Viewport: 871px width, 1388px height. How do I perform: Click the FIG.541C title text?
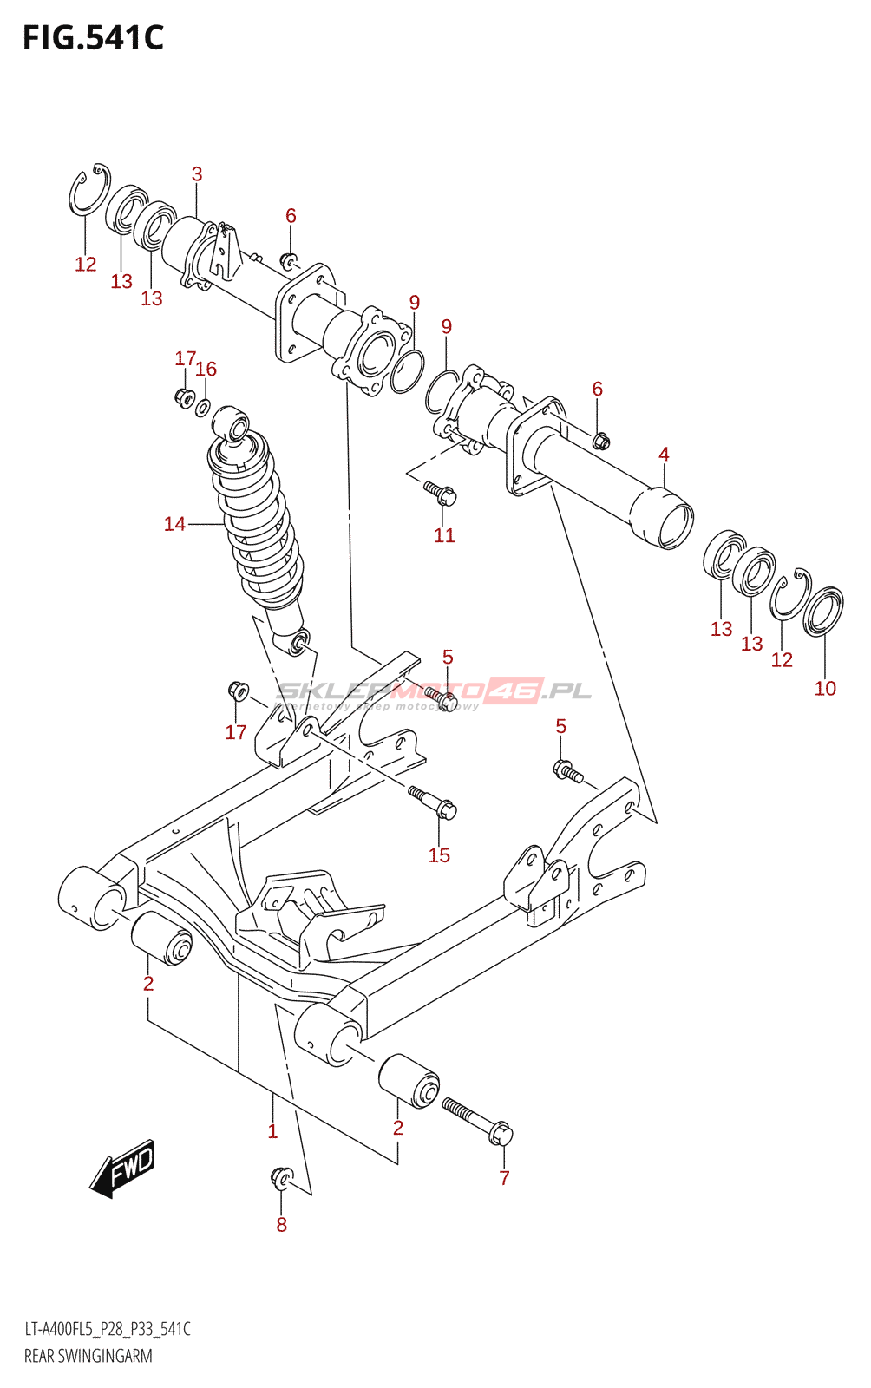click(x=93, y=38)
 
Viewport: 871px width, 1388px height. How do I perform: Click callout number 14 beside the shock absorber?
click(x=174, y=524)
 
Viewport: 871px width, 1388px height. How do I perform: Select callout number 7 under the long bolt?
click(x=504, y=1177)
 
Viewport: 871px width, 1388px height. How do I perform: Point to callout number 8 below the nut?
click(x=281, y=1225)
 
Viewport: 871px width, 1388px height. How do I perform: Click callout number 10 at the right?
click(x=825, y=688)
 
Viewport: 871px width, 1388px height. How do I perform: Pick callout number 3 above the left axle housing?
click(x=197, y=173)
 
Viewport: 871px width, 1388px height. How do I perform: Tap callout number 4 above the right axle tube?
click(x=664, y=454)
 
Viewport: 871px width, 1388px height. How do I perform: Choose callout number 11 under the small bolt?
click(x=444, y=535)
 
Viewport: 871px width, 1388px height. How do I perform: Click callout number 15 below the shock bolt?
click(x=439, y=855)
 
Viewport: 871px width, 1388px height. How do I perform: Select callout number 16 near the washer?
click(x=206, y=369)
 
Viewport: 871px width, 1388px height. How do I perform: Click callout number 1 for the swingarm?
click(x=272, y=1130)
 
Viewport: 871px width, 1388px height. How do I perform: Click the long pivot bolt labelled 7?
click(x=478, y=1120)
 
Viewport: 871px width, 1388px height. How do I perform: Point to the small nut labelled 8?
click(x=280, y=1176)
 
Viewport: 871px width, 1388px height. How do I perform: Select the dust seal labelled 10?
click(x=823, y=611)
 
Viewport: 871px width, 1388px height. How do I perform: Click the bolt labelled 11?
click(x=441, y=493)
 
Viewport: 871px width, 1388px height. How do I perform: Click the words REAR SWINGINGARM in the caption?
click(x=88, y=1356)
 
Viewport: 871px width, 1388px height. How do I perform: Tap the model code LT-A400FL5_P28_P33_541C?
click(x=107, y=1329)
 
